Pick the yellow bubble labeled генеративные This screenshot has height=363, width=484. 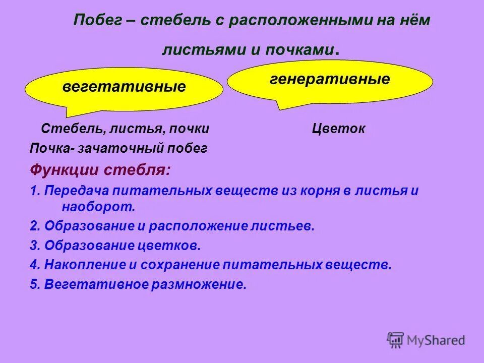330,80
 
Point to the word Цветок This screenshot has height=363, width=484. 338,129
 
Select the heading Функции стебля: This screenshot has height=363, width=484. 100,170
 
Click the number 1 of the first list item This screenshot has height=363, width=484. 33,192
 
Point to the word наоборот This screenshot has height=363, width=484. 98,206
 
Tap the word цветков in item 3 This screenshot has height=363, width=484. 169,246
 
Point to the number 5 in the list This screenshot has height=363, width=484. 33,284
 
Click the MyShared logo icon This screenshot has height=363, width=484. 396,340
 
